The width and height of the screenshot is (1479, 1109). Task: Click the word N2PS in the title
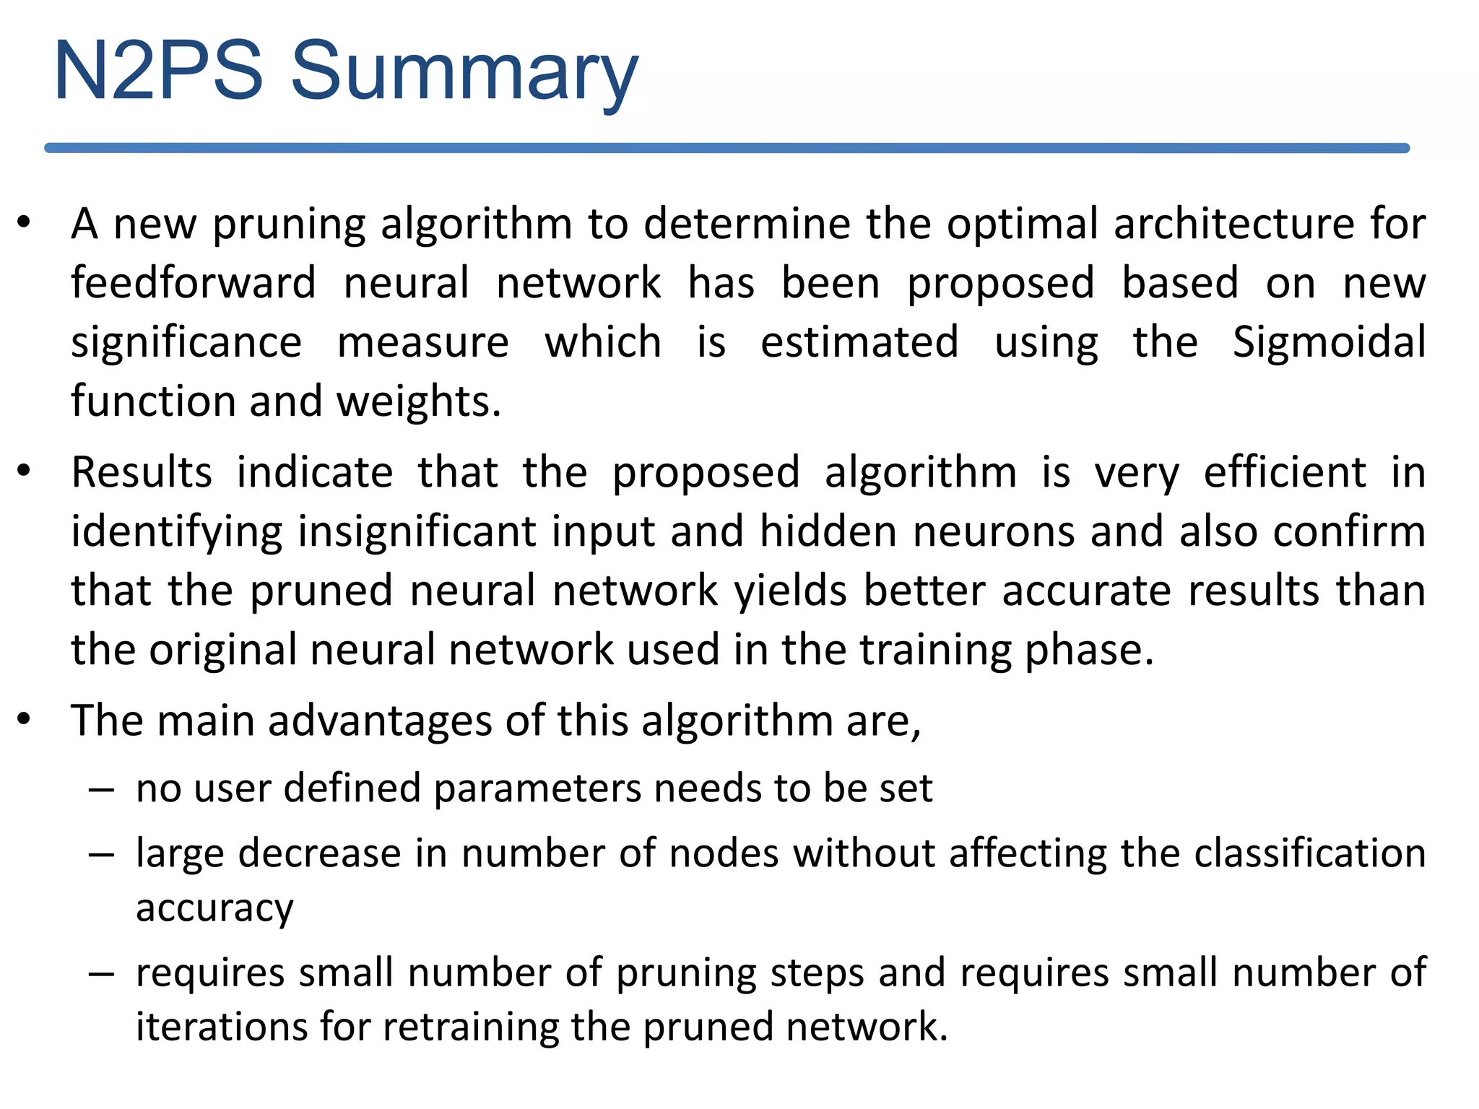tap(158, 71)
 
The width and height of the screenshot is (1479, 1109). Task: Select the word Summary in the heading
tap(464, 72)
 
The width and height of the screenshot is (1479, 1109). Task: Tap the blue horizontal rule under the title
tap(727, 148)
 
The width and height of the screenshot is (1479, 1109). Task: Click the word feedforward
tap(194, 282)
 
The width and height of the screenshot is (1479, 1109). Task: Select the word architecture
tap(1233, 223)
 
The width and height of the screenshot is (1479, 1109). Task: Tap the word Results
tap(142, 473)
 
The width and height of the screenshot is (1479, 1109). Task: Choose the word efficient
tap(1285, 473)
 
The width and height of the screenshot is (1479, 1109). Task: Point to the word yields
tap(790, 591)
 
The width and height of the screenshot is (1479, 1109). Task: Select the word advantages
tap(380, 721)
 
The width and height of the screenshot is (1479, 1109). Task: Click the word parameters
tap(537, 788)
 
